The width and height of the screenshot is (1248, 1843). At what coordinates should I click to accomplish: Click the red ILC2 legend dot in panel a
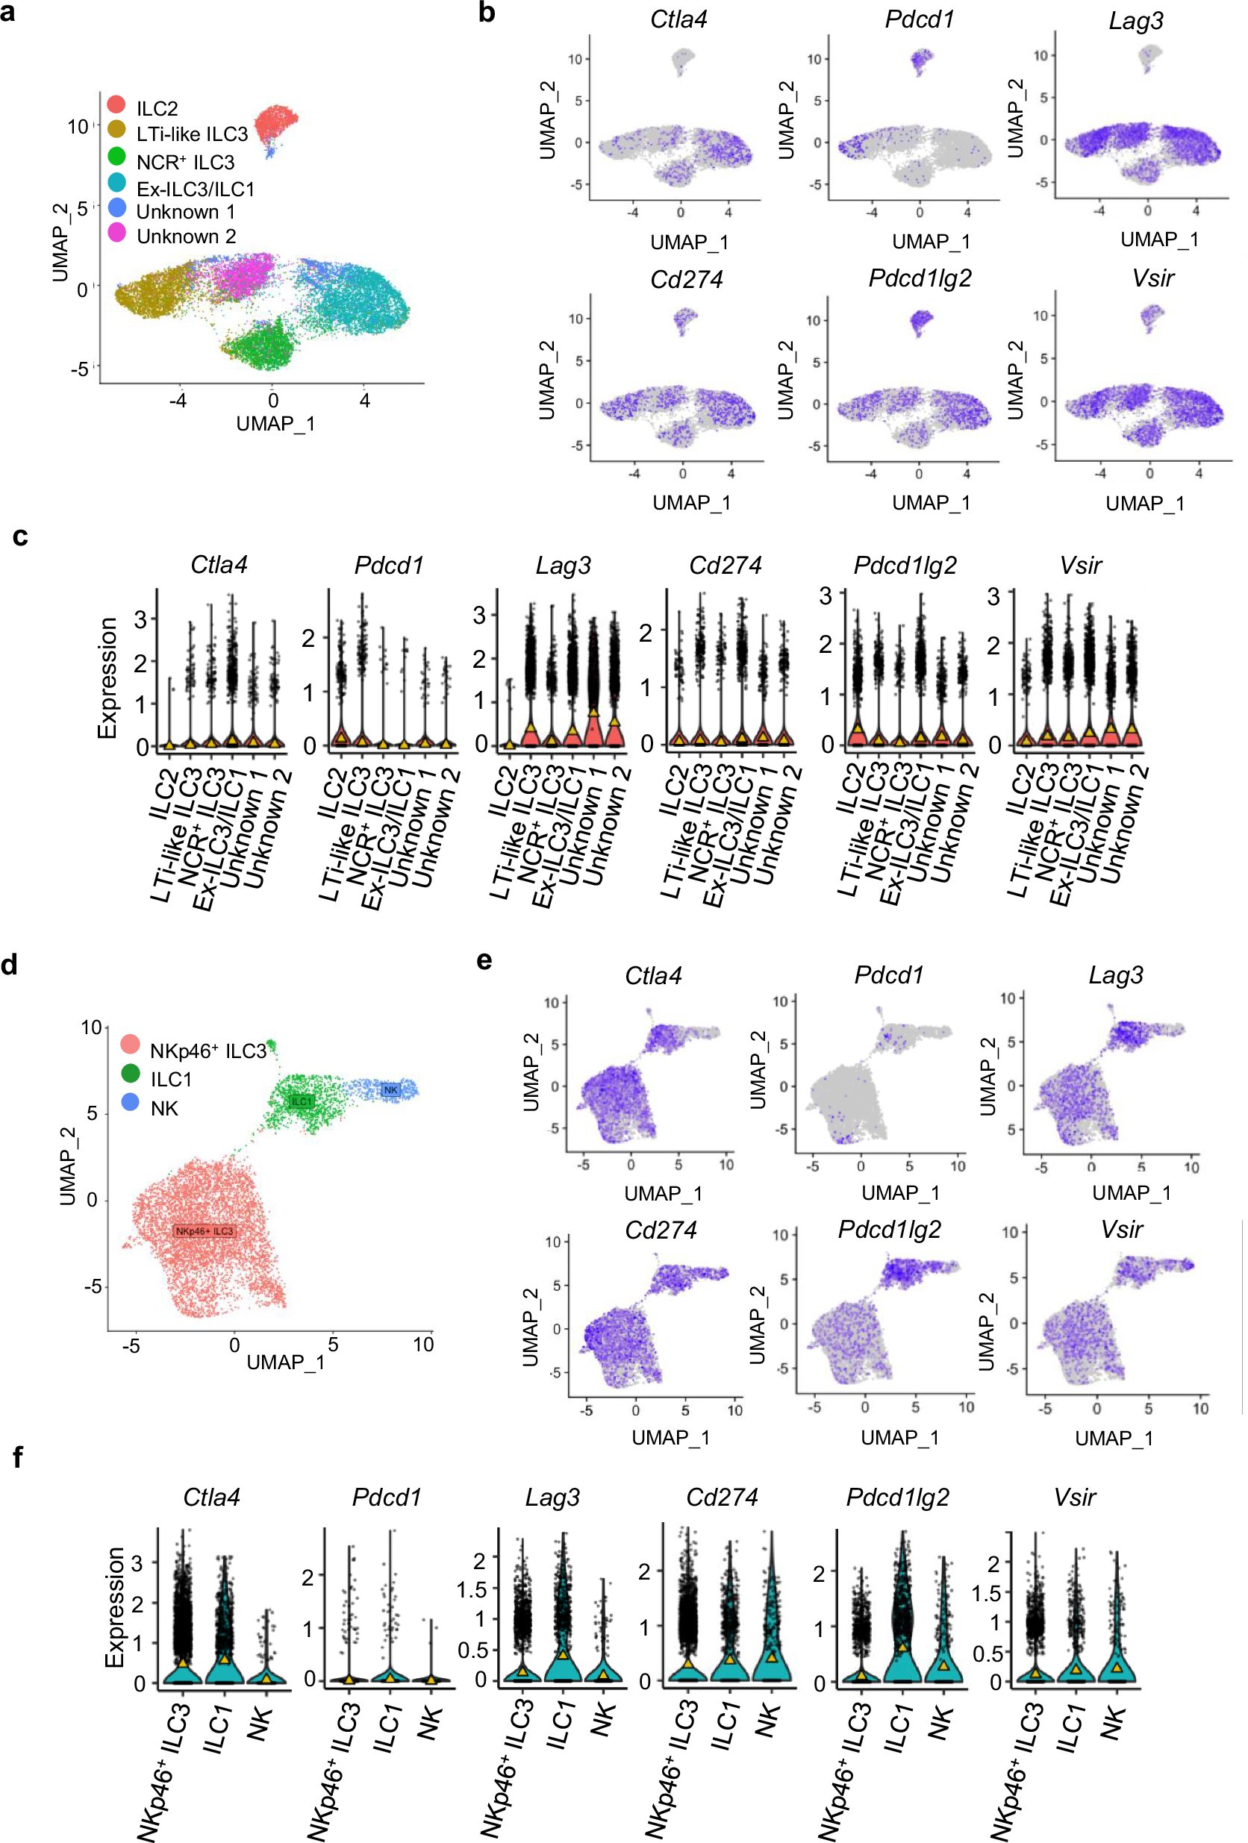116,104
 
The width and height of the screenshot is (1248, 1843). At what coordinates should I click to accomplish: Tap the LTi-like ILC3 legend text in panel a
191,134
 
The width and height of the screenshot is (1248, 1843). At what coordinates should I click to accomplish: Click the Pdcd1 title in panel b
920,19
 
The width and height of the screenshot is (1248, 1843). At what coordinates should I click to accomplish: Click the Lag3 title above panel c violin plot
563,566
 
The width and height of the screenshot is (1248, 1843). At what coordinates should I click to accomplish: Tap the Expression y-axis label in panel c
107,678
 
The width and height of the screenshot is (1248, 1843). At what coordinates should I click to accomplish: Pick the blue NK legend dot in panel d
131,1102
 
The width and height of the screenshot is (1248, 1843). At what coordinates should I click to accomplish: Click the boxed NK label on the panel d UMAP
390,1090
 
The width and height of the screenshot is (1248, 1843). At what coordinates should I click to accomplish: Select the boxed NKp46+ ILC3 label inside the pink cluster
205,1231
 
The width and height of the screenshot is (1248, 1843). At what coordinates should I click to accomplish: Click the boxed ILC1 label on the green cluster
302,1101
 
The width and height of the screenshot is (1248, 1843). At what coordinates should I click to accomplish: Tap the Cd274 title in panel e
661,1230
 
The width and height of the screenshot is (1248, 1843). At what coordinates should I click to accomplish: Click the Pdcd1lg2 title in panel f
897,1498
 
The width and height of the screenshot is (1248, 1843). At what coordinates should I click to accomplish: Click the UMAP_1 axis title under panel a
275,424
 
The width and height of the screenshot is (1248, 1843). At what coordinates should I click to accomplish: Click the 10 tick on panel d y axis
91,1027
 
